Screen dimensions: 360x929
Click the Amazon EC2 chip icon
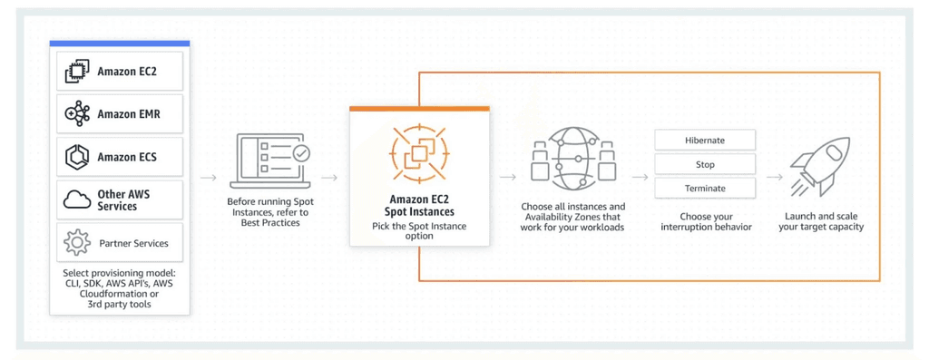point(76,72)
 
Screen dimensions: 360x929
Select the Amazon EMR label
point(129,114)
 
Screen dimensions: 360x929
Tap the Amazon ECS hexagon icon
point(76,157)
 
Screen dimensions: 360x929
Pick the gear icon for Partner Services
point(76,243)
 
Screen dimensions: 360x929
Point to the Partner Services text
point(132,243)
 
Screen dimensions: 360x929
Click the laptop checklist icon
point(271,160)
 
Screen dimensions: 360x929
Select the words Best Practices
point(270,222)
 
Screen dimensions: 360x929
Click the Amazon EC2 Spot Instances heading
point(419,205)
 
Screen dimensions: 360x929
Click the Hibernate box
point(705,141)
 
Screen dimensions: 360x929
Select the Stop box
point(705,165)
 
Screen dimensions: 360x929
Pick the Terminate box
point(705,189)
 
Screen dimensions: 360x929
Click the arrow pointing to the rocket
point(774,178)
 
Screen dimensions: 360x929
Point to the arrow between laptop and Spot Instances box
point(329,178)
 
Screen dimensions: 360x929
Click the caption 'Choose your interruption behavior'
point(706,222)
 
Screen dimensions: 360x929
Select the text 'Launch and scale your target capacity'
point(821,222)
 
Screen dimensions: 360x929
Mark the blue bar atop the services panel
point(120,44)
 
